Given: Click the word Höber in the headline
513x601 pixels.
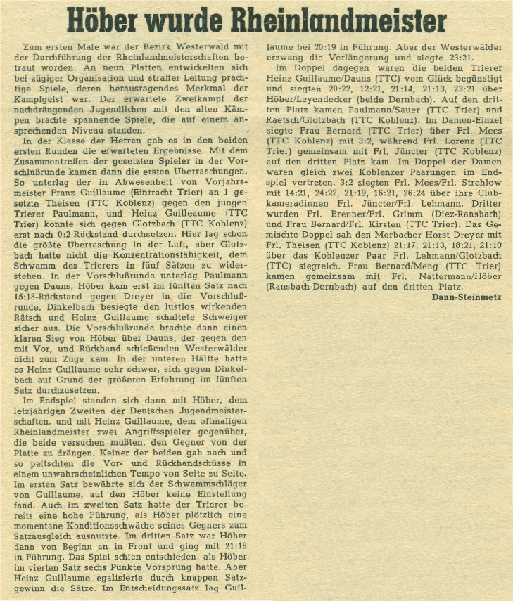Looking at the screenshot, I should point(110,20).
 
